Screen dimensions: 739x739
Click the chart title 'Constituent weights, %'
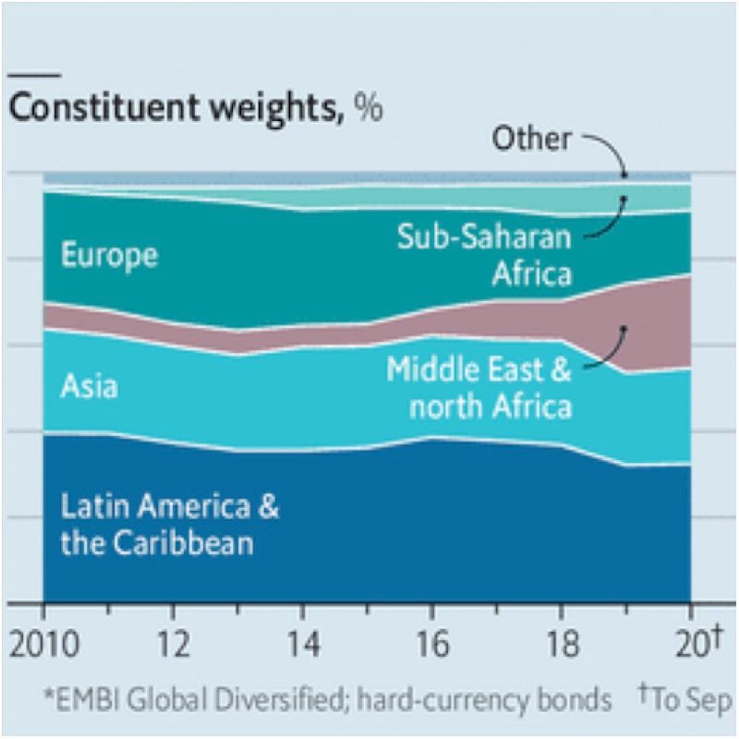194,108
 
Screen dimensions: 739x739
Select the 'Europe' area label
109,255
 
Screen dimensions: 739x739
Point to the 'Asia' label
89,385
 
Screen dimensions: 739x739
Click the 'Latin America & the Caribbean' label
169,525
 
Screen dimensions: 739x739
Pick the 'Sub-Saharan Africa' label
484,255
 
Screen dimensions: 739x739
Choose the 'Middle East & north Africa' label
479,388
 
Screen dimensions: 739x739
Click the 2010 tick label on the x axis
44,643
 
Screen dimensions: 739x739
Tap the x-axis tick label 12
174,643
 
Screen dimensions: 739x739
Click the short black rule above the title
34,74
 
